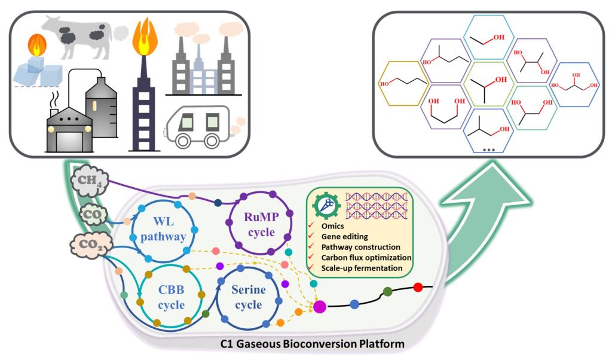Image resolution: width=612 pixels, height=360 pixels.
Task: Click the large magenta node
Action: (320, 307)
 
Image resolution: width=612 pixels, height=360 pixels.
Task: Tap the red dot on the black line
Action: (418, 288)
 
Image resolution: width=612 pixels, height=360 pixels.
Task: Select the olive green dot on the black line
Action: (387, 292)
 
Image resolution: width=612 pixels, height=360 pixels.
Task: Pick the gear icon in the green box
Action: (323, 205)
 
